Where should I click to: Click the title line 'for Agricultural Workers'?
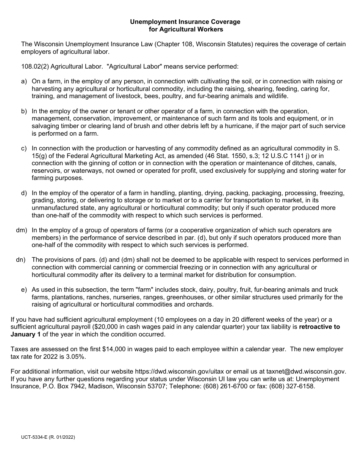(x=185, y=29)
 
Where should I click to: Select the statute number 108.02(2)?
(x=35, y=66)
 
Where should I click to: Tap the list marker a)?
(x=24, y=81)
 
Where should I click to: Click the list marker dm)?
(x=22, y=230)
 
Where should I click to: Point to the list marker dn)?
(x=21, y=260)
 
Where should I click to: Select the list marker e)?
(x=24, y=289)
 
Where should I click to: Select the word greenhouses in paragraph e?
(x=196, y=297)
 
